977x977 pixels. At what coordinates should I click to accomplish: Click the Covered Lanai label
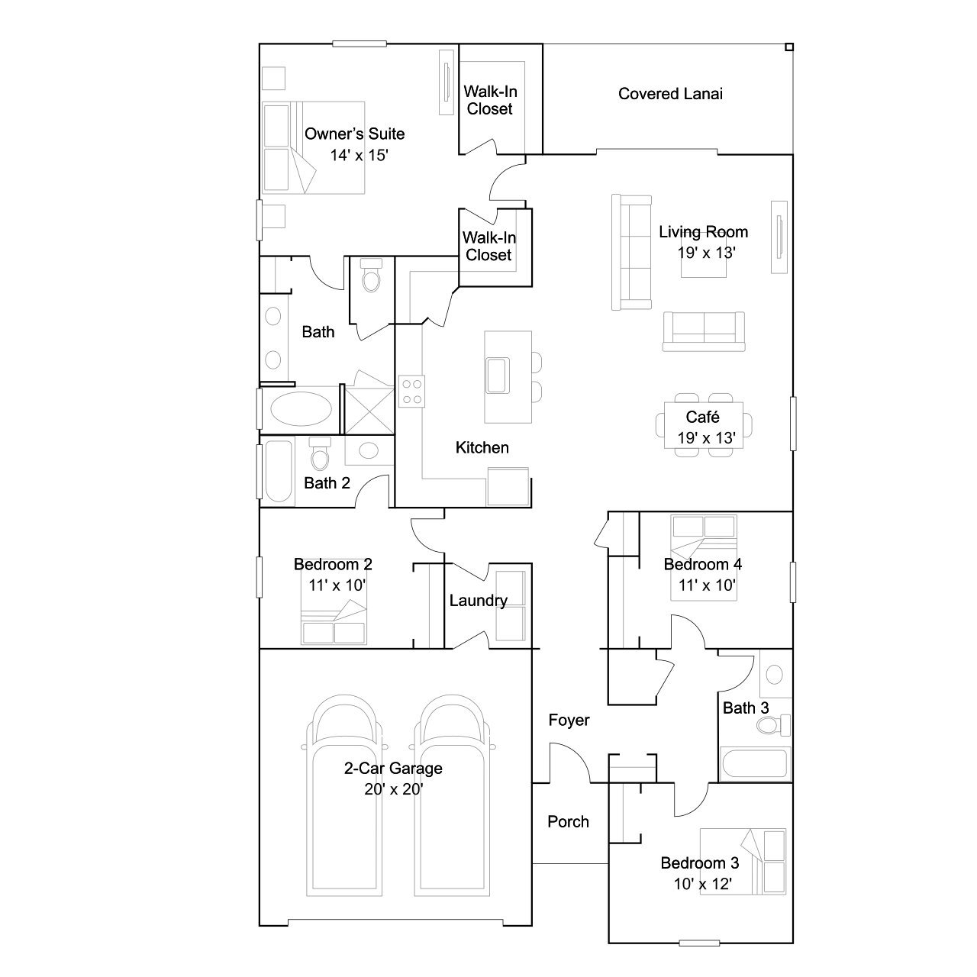tap(670, 94)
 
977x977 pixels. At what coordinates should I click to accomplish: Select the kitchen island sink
tap(498, 374)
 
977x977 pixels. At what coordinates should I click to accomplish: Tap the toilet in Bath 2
tap(319, 456)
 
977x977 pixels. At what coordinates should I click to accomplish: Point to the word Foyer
tap(569, 720)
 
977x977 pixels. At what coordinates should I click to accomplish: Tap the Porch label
tap(568, 821)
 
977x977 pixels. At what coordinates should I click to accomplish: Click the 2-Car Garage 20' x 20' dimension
tap(393, 789)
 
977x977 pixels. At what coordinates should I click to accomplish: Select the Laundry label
tap(478, 601)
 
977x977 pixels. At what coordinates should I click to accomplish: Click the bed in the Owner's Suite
tap(313, 147)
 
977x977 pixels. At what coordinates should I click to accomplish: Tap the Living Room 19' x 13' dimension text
tap(706, 253)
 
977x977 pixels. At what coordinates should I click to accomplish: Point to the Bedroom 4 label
tap(702, 564)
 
